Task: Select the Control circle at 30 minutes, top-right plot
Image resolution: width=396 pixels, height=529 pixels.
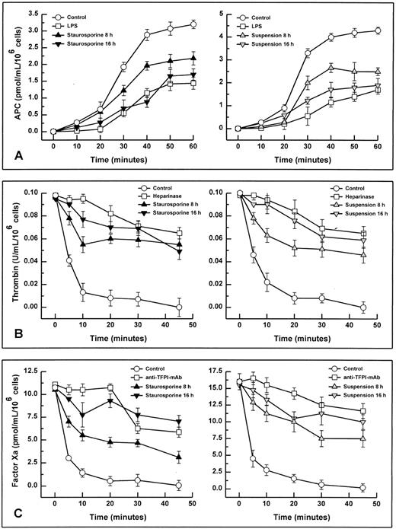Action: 308,53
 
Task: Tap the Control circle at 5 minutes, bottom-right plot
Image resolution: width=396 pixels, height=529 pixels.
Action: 254,458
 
